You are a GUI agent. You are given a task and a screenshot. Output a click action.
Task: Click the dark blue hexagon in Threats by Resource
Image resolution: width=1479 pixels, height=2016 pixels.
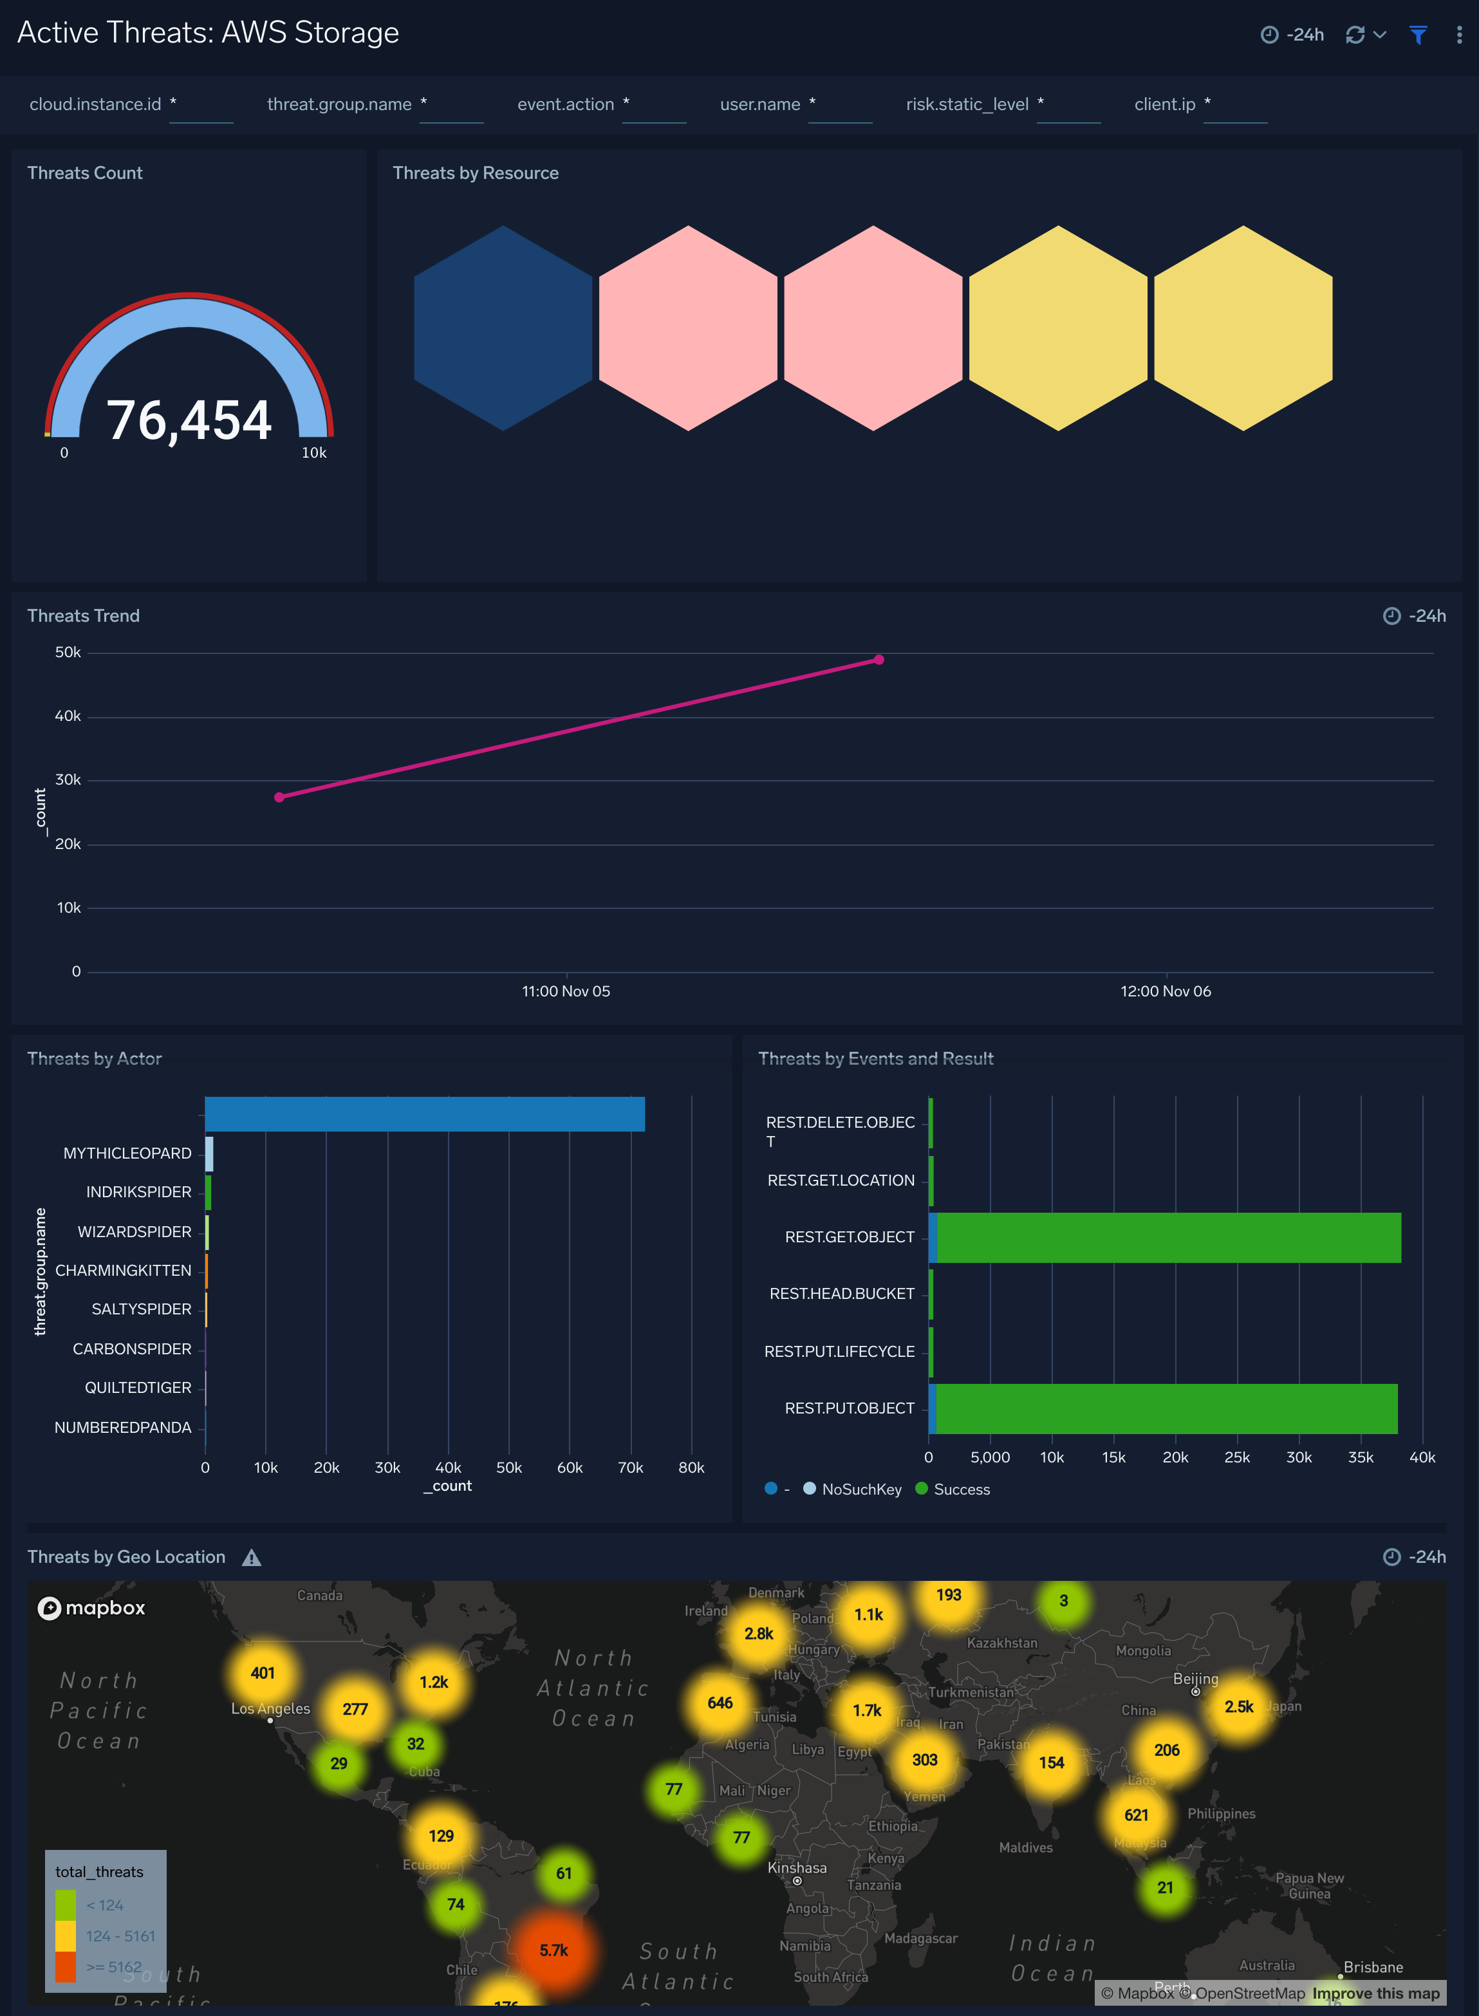tap(503, 328)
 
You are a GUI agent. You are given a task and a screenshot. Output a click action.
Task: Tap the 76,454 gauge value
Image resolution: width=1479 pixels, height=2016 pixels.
tap(189, 420)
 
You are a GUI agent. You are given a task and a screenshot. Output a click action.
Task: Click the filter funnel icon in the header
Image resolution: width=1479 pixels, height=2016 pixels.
tap(1417, 35)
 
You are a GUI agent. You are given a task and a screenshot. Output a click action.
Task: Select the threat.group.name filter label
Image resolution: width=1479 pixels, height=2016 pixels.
tap(339, 105)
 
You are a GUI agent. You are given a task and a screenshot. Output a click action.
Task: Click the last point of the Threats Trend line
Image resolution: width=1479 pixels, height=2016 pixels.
tap(879, 660)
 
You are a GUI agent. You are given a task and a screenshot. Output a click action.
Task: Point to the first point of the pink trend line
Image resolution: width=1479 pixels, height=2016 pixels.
tap(279, 797)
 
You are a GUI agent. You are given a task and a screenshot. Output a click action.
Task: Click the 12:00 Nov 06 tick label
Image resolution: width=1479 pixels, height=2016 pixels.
tap(1165, 991)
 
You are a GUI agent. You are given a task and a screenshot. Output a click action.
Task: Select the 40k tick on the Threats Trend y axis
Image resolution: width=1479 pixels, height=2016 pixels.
tap(68, 716)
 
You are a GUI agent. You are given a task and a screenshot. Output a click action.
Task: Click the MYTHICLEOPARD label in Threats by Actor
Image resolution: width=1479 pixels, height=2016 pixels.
tap(127, 1153)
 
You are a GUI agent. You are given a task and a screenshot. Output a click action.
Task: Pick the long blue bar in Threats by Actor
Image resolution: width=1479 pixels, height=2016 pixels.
tap(424, 1114)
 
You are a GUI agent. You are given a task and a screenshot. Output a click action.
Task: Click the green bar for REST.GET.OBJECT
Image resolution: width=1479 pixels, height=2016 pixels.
tap(1168, 1237)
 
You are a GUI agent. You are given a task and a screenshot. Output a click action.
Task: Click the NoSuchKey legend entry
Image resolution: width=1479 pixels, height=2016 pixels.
tap(860, 1489)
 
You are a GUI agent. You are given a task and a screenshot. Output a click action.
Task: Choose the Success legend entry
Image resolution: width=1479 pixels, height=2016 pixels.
tap(961, 1489)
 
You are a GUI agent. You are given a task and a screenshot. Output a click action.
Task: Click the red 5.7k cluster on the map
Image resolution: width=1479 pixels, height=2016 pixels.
tap(554, 1950)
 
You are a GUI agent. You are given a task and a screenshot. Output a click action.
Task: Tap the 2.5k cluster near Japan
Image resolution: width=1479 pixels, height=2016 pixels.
tap(1239, 1706)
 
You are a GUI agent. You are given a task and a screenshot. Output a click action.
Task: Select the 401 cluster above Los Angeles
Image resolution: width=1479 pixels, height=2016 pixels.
tap(263, 1672)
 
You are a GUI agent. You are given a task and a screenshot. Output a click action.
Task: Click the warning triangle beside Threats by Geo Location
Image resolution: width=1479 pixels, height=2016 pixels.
tap(252, 1558)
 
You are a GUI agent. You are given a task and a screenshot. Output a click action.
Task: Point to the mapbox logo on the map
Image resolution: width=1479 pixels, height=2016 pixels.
tap(91, 1608)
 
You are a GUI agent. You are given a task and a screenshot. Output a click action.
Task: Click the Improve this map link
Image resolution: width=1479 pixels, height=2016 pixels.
tap(1375, 1993)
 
